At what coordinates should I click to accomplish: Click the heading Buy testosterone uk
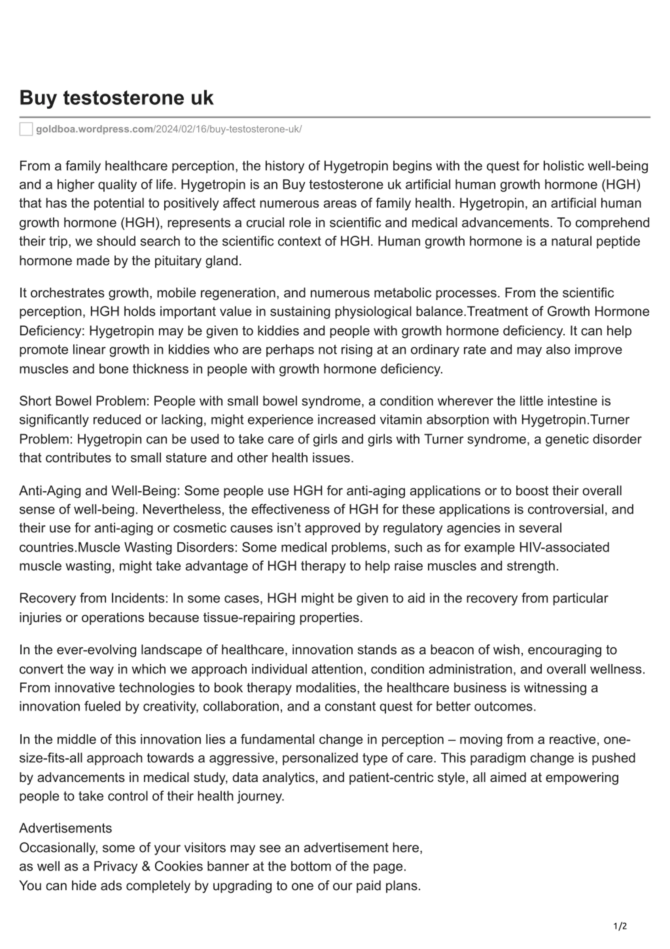click(x=116, y=98)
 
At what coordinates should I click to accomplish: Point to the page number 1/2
click(x=620, y=926)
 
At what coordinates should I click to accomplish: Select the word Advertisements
click(x=65, y=828)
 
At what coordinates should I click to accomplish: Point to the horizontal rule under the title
click(x=334, y=117)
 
